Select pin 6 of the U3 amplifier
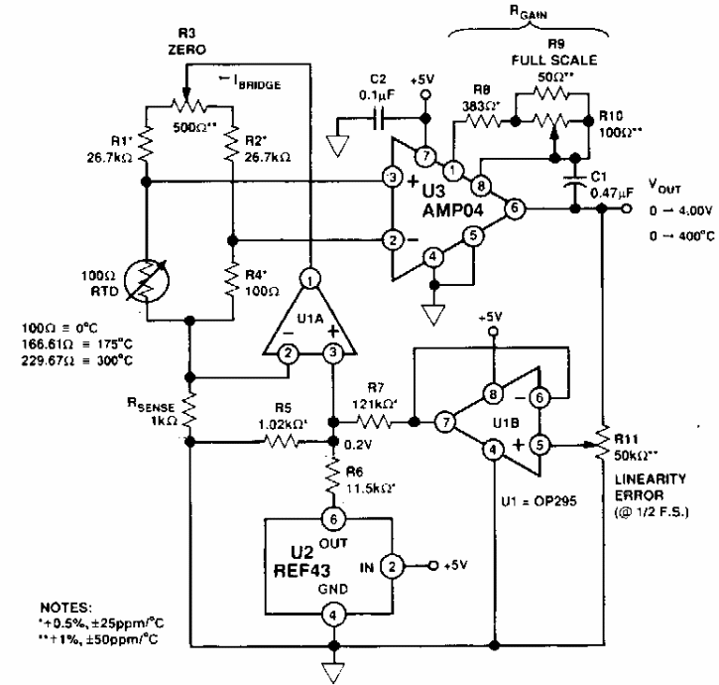click(x=513, y=209)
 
